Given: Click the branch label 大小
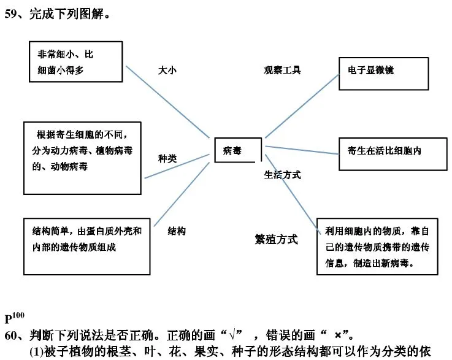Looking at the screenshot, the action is tap(167, 70).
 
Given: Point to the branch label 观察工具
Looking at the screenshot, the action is tap(282, 70).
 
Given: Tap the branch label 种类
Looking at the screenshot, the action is tap(167, 158).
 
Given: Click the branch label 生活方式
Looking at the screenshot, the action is tap(282, 175).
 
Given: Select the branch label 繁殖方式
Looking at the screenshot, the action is tap(276, 239).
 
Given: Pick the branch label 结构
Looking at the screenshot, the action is tap(177, 231).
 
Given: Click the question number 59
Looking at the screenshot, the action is tap(10, 14).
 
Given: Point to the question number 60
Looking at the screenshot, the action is tap(10, 335).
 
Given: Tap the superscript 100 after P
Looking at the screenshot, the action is tap(18, 315).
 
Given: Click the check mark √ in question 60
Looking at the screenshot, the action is tap(232, 335).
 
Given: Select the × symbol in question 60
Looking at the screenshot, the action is tap(338, 335).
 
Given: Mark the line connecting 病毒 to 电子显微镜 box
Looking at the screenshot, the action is tap(302, 106).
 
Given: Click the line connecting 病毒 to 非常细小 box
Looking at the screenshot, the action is tap(167, 102).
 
